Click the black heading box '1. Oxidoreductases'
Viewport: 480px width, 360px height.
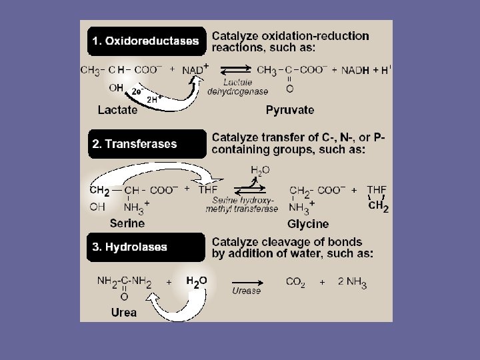click(x=145, y=41)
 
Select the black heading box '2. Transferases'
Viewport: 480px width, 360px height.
click(x=145, y=144)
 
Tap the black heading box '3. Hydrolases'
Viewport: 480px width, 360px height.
click(x=145, y=247)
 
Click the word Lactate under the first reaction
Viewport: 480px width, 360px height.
click(x=117, y=109)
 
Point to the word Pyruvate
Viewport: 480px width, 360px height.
click(x=289, y=109)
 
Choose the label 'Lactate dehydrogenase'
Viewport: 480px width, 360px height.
click(x=238, y=87)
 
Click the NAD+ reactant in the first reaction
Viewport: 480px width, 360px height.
click(x=195, y=69)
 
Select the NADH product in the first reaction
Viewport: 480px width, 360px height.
click(x=355, y=70)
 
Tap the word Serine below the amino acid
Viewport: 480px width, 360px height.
click(x=127, y=223)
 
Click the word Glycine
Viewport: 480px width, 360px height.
click(x=308, y=223)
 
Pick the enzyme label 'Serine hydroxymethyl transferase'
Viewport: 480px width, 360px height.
click(x=242, y=204)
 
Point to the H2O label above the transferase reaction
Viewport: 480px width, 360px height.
click(x=260, y=171)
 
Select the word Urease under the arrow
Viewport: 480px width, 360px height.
click(x=246, y=291)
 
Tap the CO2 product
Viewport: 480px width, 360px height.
click(x=295, y=282)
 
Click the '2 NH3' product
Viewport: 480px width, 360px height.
click(x=352, y=282)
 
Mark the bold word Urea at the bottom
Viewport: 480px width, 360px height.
click(x=123, y=312)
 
